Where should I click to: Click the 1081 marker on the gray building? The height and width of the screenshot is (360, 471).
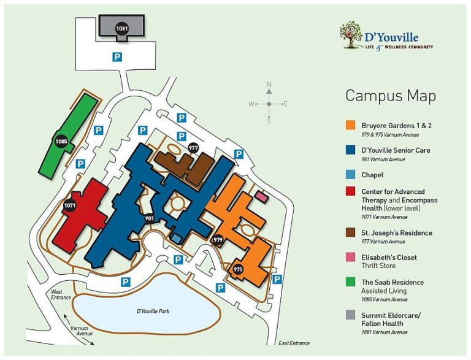click(122, 28)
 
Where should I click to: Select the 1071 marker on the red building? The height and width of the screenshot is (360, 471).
click(70, 206)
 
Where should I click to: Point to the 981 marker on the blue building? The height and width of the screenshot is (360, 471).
click(149, 218)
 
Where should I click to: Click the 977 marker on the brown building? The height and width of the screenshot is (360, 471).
click(193, 148)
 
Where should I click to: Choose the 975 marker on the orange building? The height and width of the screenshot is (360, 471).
click(238, 269)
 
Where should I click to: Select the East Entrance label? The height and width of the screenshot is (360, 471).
click(294, 343)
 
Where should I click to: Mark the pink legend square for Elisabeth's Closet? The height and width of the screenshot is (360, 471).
click(350, 258)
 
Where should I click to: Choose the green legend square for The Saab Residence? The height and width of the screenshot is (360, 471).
click(350, 283)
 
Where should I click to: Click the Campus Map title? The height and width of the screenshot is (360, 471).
click(391, 96)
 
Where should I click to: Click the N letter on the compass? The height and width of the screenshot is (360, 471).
click(269, 85)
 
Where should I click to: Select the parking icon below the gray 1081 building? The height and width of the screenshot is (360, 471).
click(116, 57)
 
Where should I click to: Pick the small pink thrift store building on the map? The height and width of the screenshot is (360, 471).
click(262, 197)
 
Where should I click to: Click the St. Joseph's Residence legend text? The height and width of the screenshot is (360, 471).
click(397, 233)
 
